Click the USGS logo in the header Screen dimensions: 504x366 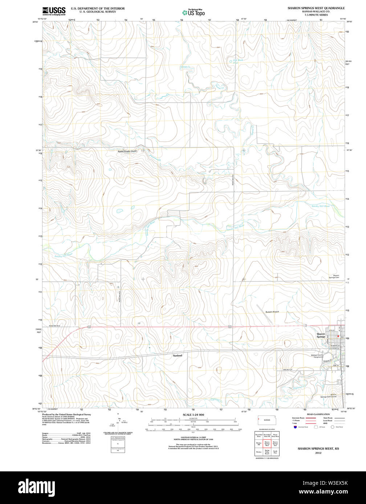click(x=54, y=11)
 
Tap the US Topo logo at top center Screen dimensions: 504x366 click(x=193, y=12)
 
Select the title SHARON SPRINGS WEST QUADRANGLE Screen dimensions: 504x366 click(x=316, y=8)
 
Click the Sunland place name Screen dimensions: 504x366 click(x=177, y=356)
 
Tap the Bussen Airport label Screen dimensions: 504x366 click(x=272, y=312)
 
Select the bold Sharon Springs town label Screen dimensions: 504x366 click(x=321, y=335)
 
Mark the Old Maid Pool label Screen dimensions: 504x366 click(x=238, y=61)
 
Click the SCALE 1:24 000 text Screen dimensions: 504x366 click(x=193, y=415)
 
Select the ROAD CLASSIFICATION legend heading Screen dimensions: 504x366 click(x=318, y=414)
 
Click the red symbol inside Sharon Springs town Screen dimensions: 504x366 click(x=338, y=336)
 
